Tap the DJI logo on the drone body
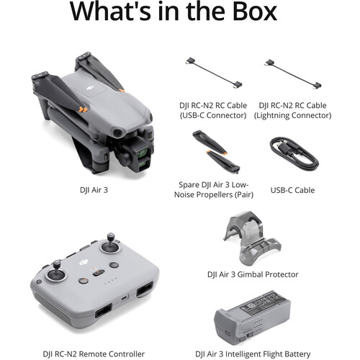(x=90, y=88)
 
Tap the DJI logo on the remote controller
(x=84, y=262)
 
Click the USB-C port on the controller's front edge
(x=124, y=298)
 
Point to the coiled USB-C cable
(x=294, y=153)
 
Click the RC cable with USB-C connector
(x=214, y=73)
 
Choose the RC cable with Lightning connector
(x=293, y=74)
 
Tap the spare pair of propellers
(x=216, y=152)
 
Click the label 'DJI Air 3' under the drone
(x=94, y=190)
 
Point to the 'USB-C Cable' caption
(x=292, y=190)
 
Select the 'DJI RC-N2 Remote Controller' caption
(x=94, y=354)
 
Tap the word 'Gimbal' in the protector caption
(x=249, y=274)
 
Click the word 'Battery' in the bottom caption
(x=297, y=354)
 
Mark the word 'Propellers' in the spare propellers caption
(x=213, y=194)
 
